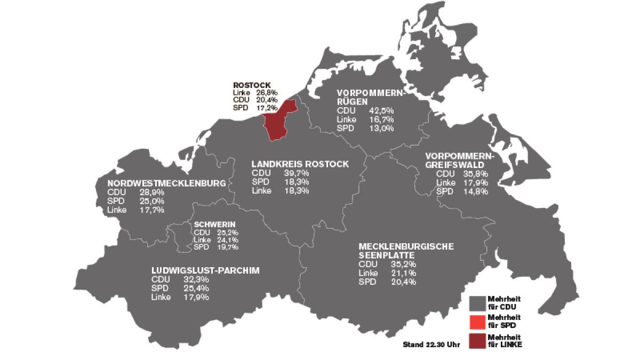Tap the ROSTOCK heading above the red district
tap(252, 85)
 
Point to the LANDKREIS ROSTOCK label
tap(300, 164)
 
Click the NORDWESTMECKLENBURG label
tap(166, 183)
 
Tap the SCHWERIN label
tap(214, 224)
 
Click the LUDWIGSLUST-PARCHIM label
tap(205, 270)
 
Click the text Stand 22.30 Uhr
tap(431, 345)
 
